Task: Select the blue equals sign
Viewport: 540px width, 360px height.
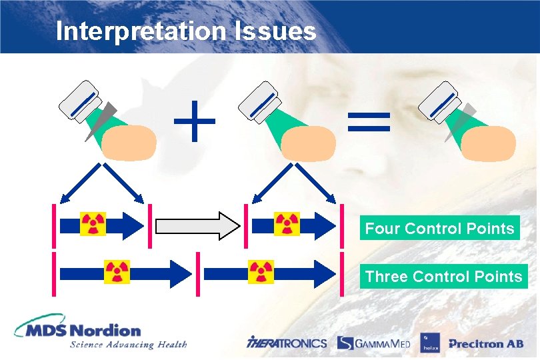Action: (368, 123)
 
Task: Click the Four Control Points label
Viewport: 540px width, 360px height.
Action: (439, 229)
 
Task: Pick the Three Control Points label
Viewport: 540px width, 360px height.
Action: (443, 276)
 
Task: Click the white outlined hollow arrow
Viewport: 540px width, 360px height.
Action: (198, 225)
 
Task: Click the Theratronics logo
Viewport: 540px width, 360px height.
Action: (287, 343)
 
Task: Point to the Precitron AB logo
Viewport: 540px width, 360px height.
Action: (485, 343)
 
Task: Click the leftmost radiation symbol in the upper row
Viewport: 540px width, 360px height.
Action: (93, 225)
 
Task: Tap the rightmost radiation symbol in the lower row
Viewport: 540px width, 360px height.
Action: (261, 272)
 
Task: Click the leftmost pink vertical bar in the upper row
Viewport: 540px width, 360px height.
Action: (53, 225)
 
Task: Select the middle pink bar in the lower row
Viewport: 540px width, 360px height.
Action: (198, 272)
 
